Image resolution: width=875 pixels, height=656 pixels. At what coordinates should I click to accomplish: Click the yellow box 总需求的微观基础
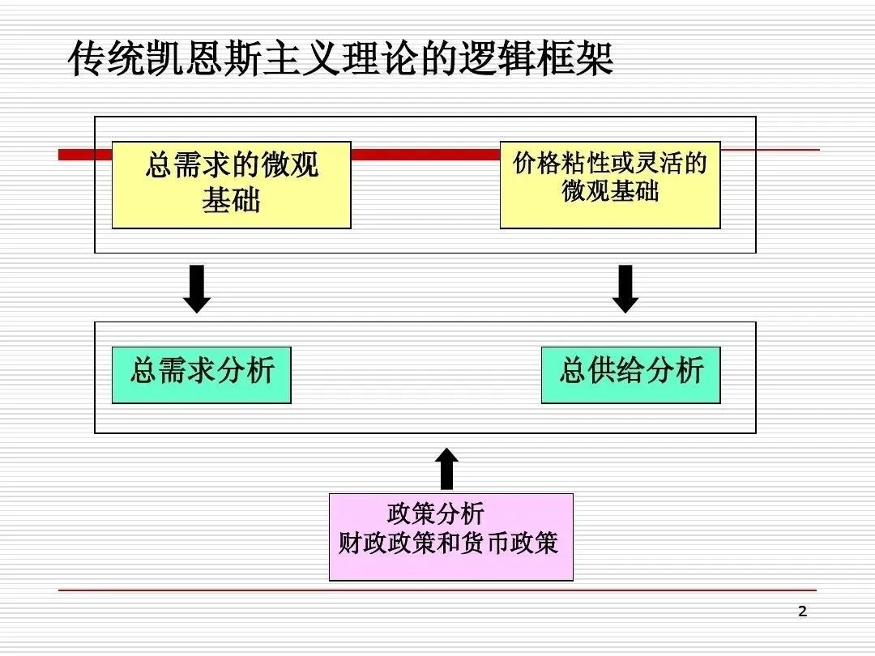point(231,185)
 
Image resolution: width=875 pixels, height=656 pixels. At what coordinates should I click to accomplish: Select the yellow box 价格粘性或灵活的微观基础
point(609,185)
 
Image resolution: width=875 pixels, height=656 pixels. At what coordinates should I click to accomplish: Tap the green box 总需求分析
point(201,373)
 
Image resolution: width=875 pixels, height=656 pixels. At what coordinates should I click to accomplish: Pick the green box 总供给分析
point(630,373)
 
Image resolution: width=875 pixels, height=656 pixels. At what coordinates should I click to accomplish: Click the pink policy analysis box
point(450,537)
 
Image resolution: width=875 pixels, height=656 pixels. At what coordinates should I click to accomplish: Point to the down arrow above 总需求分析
point(197,289)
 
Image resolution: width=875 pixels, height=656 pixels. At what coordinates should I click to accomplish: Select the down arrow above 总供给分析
point(625,289)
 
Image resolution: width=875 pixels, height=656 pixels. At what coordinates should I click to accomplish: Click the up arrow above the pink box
point(446,469)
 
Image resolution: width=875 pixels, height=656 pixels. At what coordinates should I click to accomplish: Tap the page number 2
point(803,611)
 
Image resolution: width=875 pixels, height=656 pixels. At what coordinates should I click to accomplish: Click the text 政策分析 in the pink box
point(435,514)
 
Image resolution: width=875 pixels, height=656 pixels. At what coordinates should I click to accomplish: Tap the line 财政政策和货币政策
point(448,542)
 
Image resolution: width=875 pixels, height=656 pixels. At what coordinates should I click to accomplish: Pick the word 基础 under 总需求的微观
point(231,200)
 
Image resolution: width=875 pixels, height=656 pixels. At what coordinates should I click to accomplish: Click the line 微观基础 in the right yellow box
point(610,191)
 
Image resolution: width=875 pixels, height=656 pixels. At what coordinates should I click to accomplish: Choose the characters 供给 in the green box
point(615,371)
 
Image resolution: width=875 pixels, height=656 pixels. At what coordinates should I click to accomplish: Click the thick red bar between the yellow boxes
point(425,154)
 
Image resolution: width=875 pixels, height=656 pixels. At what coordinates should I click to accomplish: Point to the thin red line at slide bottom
point(437,590)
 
